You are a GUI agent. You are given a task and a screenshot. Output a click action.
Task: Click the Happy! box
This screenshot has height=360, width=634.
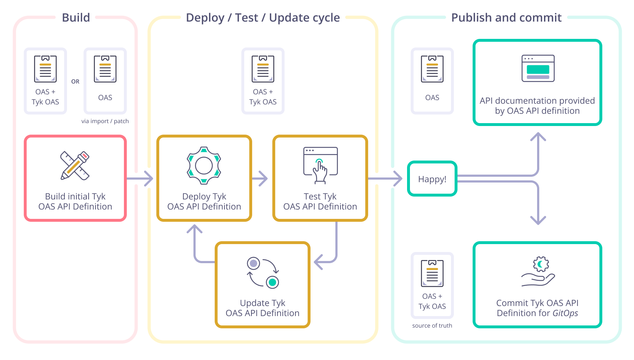432,179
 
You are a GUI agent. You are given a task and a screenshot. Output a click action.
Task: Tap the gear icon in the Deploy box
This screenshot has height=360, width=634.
204,166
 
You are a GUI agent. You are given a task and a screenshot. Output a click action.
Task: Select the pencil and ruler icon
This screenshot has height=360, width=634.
75,166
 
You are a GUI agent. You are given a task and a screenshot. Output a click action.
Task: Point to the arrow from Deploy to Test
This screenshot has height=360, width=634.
260,179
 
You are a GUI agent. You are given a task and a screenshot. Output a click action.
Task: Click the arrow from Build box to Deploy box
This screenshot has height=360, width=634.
140,179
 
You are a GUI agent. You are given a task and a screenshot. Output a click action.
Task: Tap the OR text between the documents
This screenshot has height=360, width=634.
75,82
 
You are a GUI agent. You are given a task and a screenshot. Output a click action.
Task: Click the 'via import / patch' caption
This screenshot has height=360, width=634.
105,121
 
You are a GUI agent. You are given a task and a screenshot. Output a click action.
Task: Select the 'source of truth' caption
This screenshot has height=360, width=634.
432,326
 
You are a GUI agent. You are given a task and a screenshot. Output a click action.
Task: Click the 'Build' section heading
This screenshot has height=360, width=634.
76,18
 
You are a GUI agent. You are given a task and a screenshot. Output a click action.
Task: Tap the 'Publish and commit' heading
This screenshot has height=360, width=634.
506,18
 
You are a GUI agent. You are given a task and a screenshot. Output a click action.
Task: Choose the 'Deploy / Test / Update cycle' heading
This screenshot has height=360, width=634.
263,18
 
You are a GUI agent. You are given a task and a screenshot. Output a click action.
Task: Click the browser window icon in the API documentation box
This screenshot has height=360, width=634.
538,68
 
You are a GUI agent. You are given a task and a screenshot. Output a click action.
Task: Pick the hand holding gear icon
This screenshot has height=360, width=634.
539,272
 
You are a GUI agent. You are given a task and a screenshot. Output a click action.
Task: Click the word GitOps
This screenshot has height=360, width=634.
565,313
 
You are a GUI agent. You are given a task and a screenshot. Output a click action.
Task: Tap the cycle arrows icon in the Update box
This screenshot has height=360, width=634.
263,273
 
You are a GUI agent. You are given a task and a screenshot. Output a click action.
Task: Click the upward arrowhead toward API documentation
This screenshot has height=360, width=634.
538,137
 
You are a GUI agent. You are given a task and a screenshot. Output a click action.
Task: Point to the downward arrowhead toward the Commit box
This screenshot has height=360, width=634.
538,220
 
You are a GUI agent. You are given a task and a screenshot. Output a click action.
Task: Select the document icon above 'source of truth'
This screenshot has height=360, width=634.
432,273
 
